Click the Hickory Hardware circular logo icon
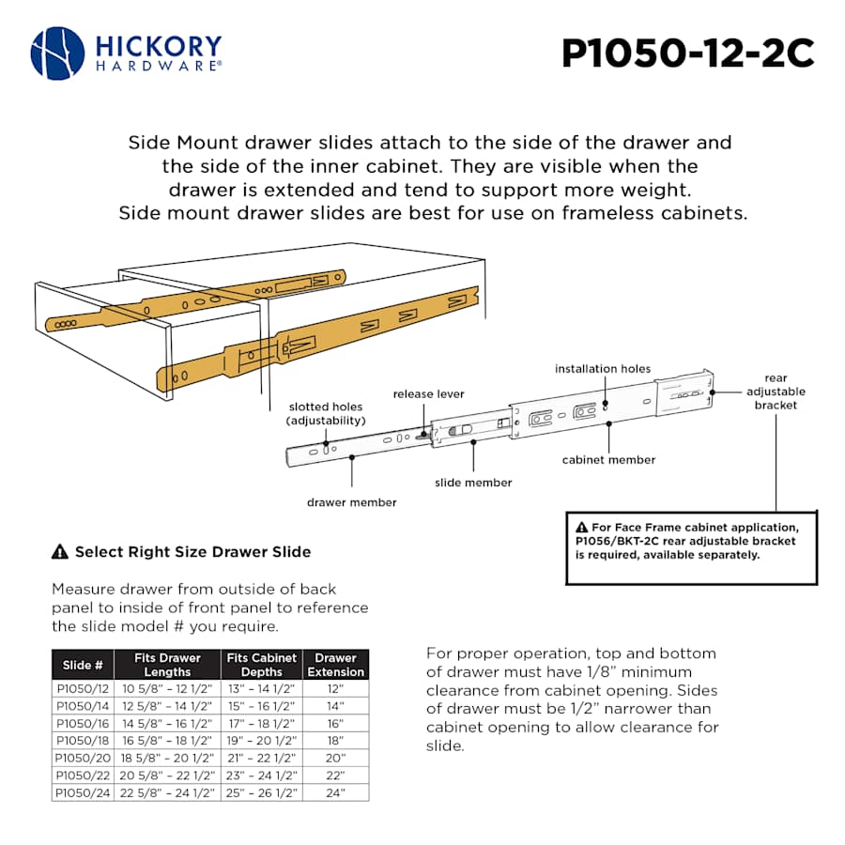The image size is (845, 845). point(57,53)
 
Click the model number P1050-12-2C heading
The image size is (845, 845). point(687,54)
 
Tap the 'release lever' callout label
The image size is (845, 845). point(428,394)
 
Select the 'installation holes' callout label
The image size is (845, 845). point(602,369)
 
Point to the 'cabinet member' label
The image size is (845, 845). point(608,460)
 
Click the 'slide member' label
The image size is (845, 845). point(473,483)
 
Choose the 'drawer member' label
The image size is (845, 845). point(351,502)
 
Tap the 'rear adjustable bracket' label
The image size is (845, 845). point(776,392)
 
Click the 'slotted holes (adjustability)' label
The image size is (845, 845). point(325,413)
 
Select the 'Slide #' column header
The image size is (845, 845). point(83,665)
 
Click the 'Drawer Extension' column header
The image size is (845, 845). point(335,665)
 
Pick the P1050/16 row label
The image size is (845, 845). point(83,723)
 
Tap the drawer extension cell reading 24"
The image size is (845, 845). point(335,792)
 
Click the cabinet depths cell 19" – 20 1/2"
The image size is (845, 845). point(261,740)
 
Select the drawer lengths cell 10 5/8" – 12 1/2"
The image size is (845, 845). point(167,688)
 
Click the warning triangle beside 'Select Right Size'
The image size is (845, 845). point(60,552)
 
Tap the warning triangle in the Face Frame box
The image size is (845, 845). point(582,527)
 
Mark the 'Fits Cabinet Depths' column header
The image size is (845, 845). point(261,665)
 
